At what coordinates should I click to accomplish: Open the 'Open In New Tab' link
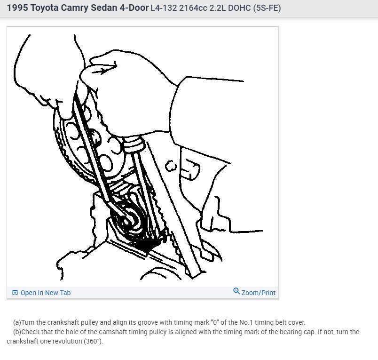(x=45, y=293)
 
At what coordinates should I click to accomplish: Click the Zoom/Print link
(x=258, y=293)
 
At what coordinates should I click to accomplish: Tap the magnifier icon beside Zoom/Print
(x=236, y=292)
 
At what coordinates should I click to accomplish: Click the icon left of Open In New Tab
(x=15, y=293)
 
